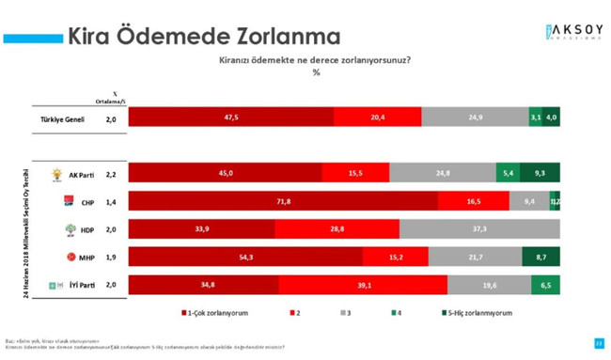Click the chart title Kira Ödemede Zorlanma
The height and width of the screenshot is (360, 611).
pyautogui.click(x=202, y=38)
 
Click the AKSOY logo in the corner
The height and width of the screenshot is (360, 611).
pyautogui.click(x=570, y=31)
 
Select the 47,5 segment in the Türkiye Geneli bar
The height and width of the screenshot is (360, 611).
pyautogui.click(x=230, y=117)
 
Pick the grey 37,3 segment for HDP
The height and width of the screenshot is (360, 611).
pyautogui.click(x=479, y=228)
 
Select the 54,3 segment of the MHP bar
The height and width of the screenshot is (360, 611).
pyautogui.click(x=244, y=257)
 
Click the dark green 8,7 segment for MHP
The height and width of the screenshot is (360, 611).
pyautogui.click(x=540, y=257)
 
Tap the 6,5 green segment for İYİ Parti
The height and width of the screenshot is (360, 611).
pyautogui.click(x=545, y=285)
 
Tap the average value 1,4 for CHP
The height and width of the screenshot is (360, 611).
pyautogui.click(x=111, y=202)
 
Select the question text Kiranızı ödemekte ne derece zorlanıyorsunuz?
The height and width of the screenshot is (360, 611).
pyautogui.click(x=315, y=59)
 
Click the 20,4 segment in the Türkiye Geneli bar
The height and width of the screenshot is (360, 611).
pyautogui.click(x=377, y=117)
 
